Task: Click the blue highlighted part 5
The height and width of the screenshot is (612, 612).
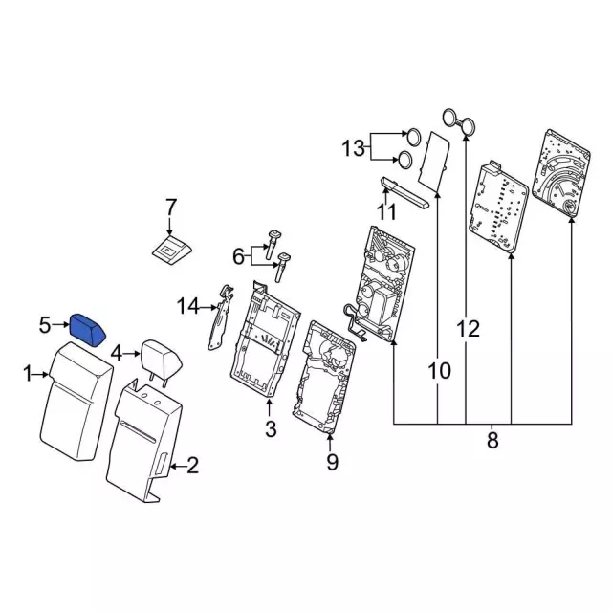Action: (x=87, y=330)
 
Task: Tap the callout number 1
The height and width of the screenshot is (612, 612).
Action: (x=28, y=374)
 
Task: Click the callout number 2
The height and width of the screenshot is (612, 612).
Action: (x=192, y=466)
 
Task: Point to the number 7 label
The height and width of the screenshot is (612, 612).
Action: (x=171, y=208)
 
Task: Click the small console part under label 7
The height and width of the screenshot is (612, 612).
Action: (x=172, y=249)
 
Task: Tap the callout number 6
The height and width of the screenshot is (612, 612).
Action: (x=238, y=256)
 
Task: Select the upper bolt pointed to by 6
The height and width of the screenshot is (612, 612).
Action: (x=273, y=244)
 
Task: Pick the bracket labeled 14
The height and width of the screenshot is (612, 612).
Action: (x=221, y=317)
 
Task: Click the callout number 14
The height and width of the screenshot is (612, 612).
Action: (x=187, y=306)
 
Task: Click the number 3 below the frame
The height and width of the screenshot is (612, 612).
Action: (x=271, y=428)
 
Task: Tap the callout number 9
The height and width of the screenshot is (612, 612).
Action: (x=332, y=462)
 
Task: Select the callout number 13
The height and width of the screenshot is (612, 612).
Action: (x=353, y=149)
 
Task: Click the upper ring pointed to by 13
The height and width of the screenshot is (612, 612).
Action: (x=414, y=137)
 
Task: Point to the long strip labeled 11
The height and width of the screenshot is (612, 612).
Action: (x=404, y=192)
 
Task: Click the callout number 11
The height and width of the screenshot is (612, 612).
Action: (x=386, y=212)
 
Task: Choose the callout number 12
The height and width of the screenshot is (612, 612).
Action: (x=468, y=329)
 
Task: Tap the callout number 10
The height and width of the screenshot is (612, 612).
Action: (x=440, y=370)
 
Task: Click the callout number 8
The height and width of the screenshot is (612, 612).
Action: (x=492, y=440)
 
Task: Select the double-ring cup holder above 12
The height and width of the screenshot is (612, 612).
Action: (x=459, y=121)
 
